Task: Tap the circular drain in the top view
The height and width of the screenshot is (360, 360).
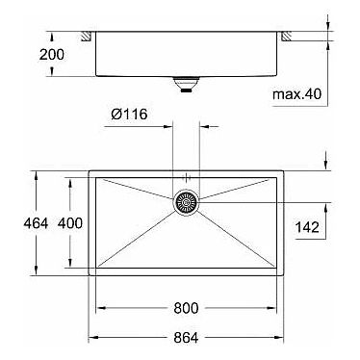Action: pyautogui.click(x=187, y=202)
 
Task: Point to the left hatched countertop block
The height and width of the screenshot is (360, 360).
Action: pyautogui.click(x=87, y=36)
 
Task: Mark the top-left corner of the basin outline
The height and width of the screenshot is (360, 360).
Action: pyautogui.click(x=90, y=172)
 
